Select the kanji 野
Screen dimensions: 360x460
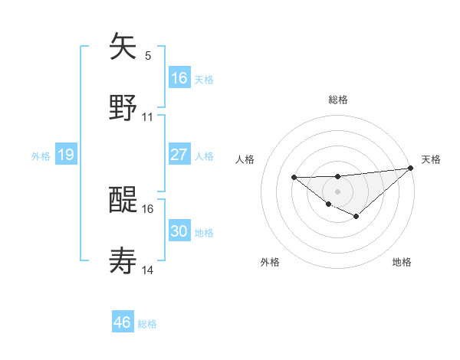[123, 107]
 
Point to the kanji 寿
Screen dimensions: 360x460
[123, 261]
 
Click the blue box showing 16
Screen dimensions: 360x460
[179, 77]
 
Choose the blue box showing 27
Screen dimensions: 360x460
[179, 155]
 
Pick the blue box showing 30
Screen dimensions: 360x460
[179, 231]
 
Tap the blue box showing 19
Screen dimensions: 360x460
[66, 155]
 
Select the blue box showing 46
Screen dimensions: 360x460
[123, 322]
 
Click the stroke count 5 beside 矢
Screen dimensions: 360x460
[148, 55]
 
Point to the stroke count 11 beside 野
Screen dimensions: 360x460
[148, 117]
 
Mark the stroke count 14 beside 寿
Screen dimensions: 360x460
[148, 270]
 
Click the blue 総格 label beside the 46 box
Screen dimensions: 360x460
[147, 324]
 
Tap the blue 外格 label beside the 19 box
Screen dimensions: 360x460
[41, 156]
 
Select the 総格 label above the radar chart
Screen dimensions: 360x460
[338, 100]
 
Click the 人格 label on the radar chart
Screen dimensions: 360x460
[245, 159]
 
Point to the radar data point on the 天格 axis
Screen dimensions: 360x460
[411, 168]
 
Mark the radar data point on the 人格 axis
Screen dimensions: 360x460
[294, 178]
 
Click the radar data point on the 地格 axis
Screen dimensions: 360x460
[356, 217]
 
